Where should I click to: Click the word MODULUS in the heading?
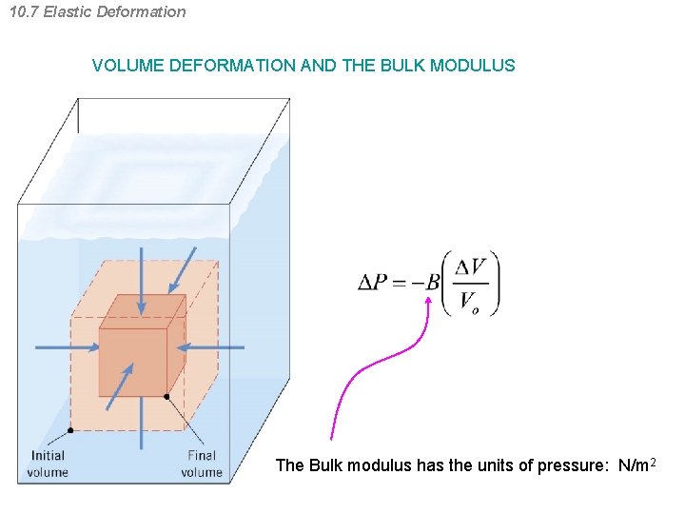pyautogui.click(x=472, y=67)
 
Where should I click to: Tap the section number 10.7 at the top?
pyautogui.click(x=23, y=12)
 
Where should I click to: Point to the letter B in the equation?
pyautogui.click(x=433, y=282)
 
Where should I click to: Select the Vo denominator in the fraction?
pyautogui.click(x=469, y=302)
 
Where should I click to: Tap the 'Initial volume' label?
pyautogui.click(x=48, y=464)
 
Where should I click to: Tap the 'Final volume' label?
pyautogui.click(x=202, y=464)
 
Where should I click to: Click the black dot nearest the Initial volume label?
pyautogui.click(x=70, y=430)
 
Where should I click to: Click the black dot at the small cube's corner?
pyautogui.click(x=166, y=396)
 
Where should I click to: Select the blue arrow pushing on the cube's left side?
pyautogui.click(x=67, y=347)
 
